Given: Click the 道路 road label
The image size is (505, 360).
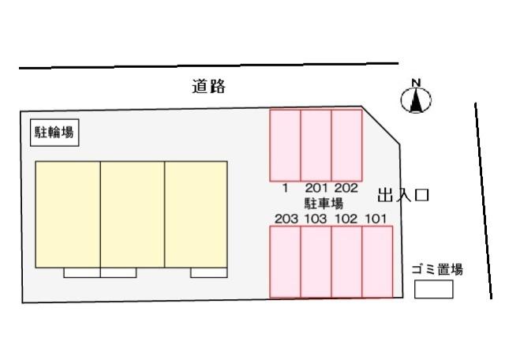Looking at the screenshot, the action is coord(208,86).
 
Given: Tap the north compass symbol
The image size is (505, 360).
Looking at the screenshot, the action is coord(416,100).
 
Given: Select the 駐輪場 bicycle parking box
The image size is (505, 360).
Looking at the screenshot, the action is coord(54,133).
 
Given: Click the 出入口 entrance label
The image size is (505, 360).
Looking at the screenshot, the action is coord(403,195).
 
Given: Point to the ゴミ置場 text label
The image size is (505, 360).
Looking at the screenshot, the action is coord(437,269).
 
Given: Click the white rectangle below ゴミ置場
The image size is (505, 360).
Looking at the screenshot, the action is coord(433,289).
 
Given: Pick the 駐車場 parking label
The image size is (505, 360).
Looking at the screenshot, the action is coord(324,204).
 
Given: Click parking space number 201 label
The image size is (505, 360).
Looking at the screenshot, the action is coord(316,188).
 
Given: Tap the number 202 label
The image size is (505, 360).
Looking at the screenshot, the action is coord(346,188).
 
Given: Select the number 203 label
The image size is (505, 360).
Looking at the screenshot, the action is coord(286,219).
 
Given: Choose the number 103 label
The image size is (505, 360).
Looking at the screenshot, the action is coord(316,219).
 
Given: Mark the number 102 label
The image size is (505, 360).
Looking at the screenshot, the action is coord(346,219).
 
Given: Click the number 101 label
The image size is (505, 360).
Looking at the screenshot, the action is coord(376,219).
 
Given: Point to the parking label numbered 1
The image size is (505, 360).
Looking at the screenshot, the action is coord(285,188).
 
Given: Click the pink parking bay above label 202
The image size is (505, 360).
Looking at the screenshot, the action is coord(346,145).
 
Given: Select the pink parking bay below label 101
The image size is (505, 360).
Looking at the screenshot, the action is coord(377,261).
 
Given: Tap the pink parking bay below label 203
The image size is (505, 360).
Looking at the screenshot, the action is coord(285,261).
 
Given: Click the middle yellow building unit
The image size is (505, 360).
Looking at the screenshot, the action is coord(133,214).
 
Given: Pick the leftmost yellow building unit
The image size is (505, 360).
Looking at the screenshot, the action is coord(68,214).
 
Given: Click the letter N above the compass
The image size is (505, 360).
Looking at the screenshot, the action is coord(416,83).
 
